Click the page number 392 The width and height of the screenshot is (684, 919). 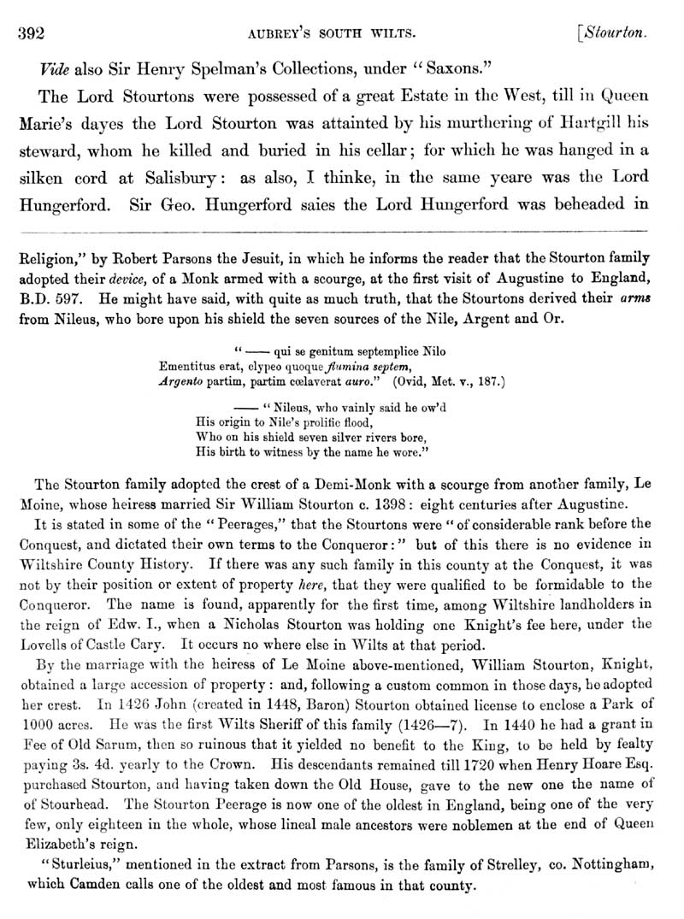click(x=32, y=34)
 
